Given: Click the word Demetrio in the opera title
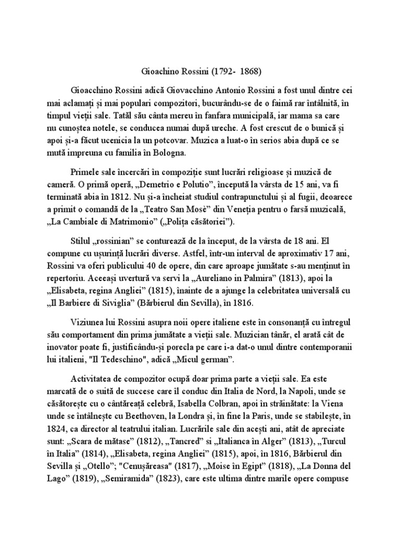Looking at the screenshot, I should click(x=155, y=186).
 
